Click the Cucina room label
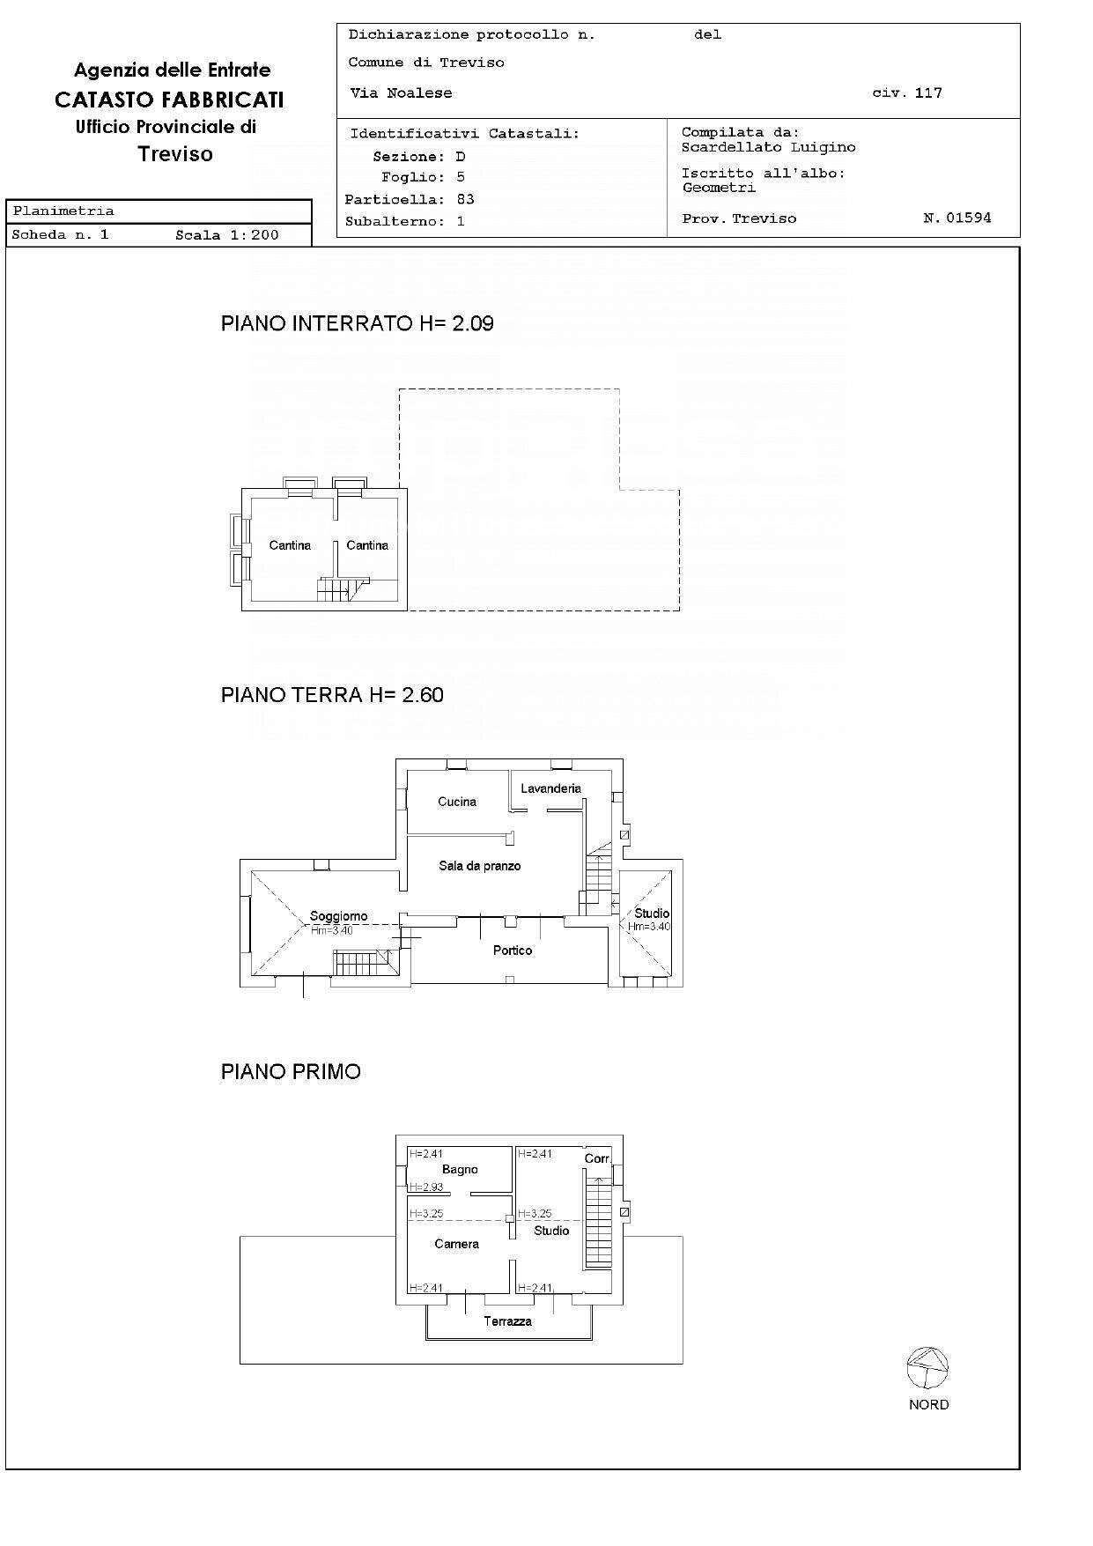[457, 802]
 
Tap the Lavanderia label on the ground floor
[550, 788]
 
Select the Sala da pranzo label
[480, 866]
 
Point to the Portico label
[513, 951]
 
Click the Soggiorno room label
[338, 916]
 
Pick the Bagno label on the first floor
[460, 1169]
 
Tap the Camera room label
[456, 1244]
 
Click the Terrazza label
[507, 1321]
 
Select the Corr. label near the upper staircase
[597, 1158]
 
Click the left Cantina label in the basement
[290, 545]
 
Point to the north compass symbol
[927, 1368]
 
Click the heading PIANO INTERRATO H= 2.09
[357, 323]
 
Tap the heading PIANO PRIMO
[291, 1072]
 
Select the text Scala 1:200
[226, 235]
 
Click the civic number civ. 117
[906, 92]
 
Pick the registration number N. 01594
[956, 218]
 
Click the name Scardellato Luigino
[768, 147]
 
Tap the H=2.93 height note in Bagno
[426, 1187]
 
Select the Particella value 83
[465, 199]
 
